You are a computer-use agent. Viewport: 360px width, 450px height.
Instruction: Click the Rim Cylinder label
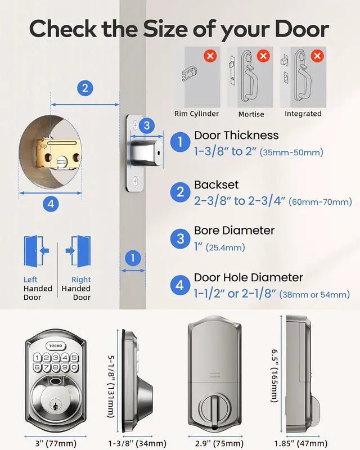(196, 114)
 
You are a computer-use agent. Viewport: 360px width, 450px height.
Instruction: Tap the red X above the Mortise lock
(263, 56)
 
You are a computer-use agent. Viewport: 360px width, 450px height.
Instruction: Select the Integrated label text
(303, 114)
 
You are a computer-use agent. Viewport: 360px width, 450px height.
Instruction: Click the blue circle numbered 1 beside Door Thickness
(180, 142)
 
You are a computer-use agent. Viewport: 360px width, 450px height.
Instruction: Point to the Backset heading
(216, 185)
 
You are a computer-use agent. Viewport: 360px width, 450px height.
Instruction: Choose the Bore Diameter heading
(234, 231)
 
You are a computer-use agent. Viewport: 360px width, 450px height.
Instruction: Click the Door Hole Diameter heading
(248, 277)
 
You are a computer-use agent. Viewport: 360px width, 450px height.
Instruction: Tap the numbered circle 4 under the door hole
(51, 205)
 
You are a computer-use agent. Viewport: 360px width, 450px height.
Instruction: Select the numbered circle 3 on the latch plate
(146, 126)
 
